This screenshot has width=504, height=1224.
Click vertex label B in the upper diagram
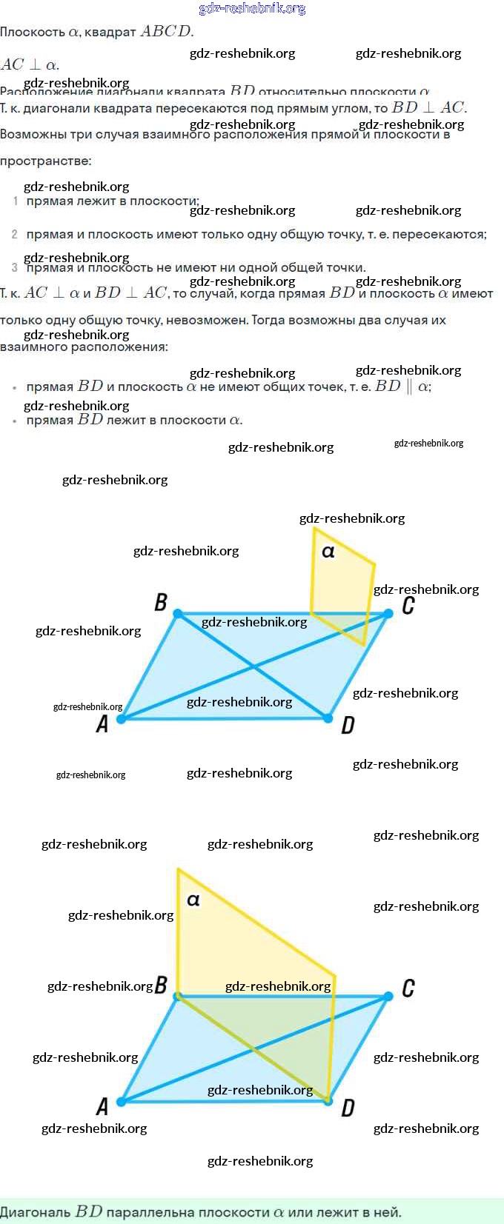[x=161, y=602]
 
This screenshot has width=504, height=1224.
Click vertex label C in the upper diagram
[x=408, y=606]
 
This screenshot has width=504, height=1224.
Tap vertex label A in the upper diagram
[x=102, y=723]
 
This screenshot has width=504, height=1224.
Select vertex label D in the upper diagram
[x=348, y=725]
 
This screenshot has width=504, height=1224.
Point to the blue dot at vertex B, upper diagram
[x=178, y=613]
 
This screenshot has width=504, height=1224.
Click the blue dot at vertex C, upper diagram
[x=388, y=613]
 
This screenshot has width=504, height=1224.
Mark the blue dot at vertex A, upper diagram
[x=122, y=718]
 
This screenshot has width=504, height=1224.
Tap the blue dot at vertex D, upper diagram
[x=328, y=718]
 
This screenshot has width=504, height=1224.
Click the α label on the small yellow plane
[x=328, y=552]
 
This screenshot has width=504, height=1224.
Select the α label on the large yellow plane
[x=193, y=900]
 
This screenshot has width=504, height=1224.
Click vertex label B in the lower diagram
[x=161, y=985]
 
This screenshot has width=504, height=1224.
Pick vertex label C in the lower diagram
[x=408, y=988]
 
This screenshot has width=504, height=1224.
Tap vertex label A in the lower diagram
[x=102, y=1106]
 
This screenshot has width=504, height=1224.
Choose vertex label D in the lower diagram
[x=348, y=1108]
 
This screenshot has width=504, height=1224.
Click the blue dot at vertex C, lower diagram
[x=388, y=997]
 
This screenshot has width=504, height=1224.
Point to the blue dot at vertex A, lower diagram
[x=122, y=1101]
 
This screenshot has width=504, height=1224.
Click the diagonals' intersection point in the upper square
[x=254, y=666]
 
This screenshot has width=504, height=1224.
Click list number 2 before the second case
[x=14, y=234]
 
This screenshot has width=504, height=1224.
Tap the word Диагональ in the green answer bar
[x=35, y=1212]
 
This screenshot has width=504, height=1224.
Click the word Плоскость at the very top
[x=32, y=32]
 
